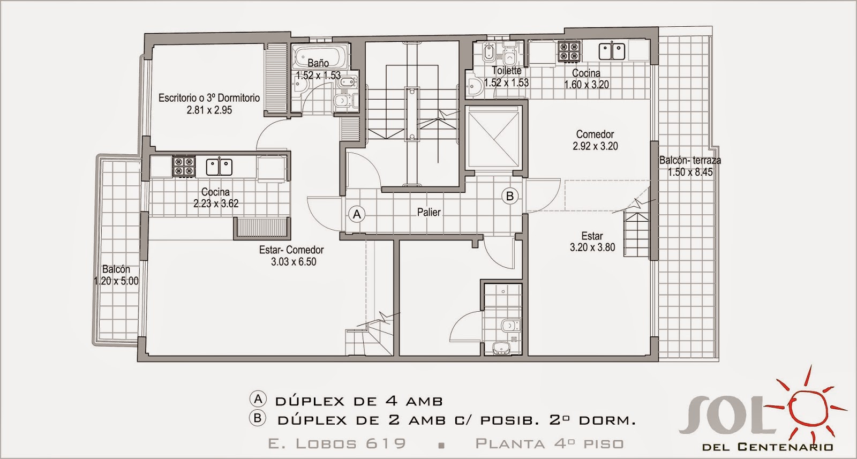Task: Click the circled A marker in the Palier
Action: pos(357,215)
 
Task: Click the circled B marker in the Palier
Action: pos(510,196)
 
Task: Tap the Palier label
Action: pos(428,213)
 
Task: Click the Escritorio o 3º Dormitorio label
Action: pos(209,98)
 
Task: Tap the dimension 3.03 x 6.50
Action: pos(293,262)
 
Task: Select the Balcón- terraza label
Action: pos(690,160)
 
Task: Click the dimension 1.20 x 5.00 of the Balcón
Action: pos(116,281)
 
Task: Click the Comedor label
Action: pos(595,134)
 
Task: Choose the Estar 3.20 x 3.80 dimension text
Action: pos(592,247)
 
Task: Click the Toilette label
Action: pos(506,71)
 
